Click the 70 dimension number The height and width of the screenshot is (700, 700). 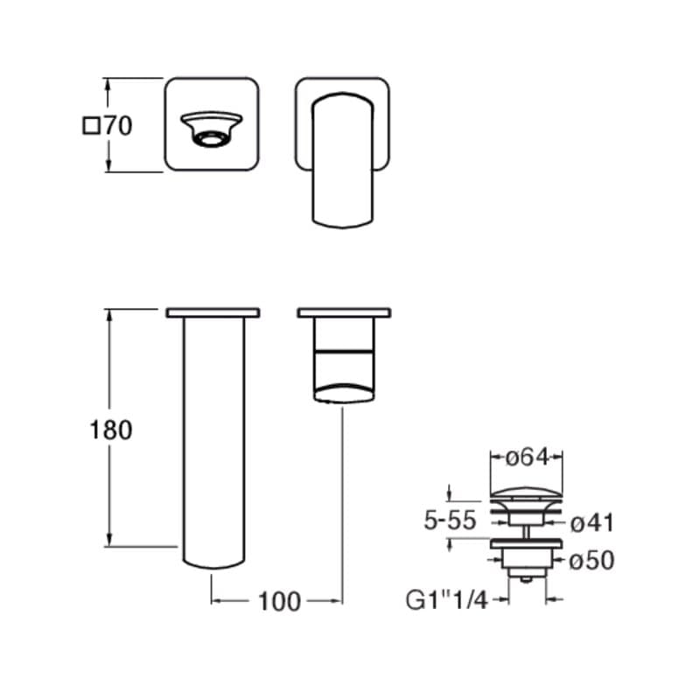(118, 126)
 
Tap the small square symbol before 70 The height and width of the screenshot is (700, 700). (92, 125)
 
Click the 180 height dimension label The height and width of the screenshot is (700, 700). (111, 430)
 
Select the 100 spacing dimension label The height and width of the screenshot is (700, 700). (279, 601)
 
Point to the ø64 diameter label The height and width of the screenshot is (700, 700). (527, 457)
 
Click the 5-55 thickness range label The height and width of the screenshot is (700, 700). (450, 521)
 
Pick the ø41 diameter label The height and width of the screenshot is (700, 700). (593, 522)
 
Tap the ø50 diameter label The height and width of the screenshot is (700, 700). (592, 560)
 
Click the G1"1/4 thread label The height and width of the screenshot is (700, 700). (447, 600)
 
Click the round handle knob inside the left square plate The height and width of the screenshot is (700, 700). (212, 129)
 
